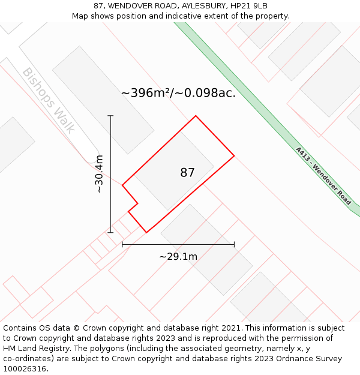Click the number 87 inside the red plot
[x=187, y=173]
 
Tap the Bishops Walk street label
[x=48, y=100]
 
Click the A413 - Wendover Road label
[x=323, y=176]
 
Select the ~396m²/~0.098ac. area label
[x=178, y=93]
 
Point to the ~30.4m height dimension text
[x=100, y=174]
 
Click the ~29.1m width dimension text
[x=178, y=257]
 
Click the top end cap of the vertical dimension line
[x=110, y=116]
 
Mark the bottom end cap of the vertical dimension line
[x=110, y=232]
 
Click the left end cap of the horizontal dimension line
[x=122, y=244]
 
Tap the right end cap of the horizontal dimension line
[x=234, y=244]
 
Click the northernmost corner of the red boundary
[x=196, y=116]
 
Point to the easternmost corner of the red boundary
[x=234, y=156]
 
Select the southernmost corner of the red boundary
[x=146, y=232]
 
